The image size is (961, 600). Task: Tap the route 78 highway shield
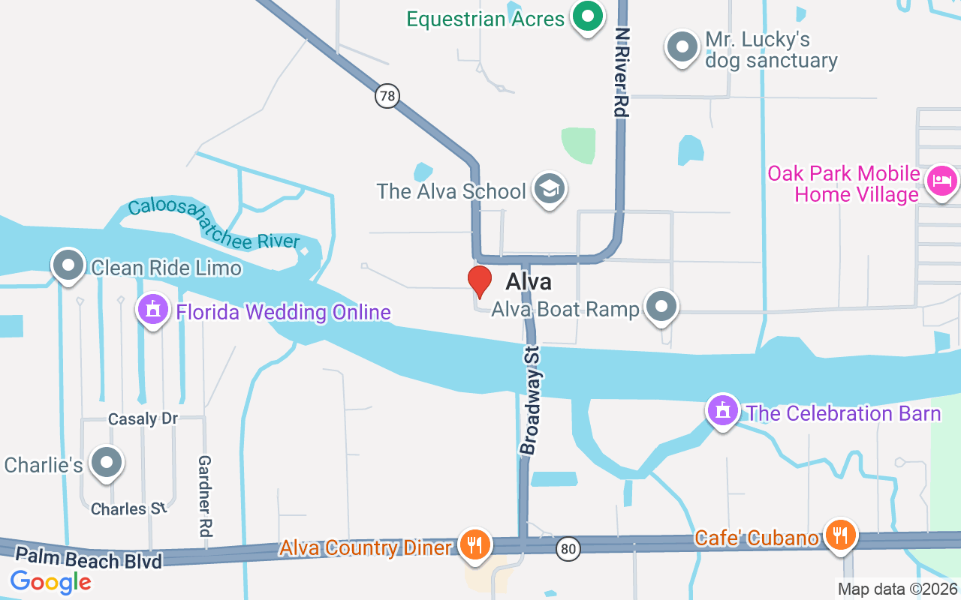[387, 96]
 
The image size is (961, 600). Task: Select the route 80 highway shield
[568, 550]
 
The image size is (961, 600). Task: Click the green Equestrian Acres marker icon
[589, 16]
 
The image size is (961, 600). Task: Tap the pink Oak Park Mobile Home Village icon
[941, 181]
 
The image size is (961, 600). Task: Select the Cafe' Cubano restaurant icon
[839, 535]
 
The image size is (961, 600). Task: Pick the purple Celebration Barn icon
[722, 410]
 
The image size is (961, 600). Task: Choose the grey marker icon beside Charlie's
[106, 463]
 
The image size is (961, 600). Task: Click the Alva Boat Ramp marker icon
[661, 306]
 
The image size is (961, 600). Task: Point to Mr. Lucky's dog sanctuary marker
[682, 46]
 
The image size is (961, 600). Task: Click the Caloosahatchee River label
[213, 223]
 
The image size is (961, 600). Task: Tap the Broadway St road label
[531, 400]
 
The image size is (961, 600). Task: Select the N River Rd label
[621, 72]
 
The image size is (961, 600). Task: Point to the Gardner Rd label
[205, 496]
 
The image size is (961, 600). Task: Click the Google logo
[50, 581]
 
